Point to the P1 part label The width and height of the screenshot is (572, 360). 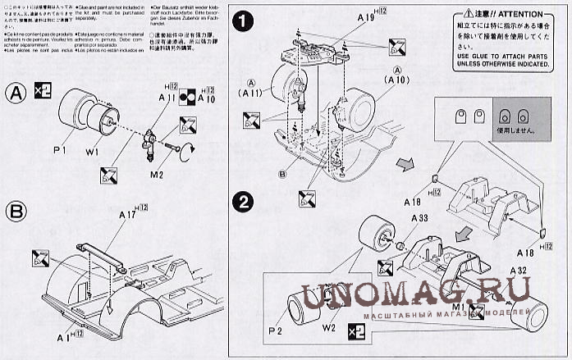coord(57,150)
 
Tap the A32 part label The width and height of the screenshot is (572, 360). coord(517,271)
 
